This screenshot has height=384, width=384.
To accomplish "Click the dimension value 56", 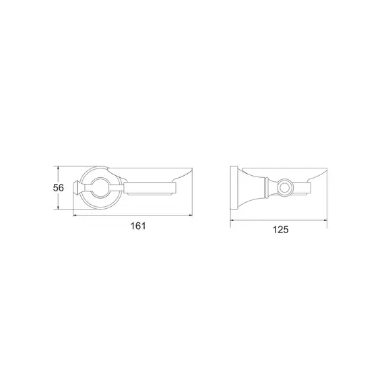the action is pyautogui.click(x=59, y=188).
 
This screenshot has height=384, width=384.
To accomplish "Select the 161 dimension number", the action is pyautogui.click(x=138, y=226).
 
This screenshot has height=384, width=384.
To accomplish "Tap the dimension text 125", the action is pyautogui.click(x=281, y=230).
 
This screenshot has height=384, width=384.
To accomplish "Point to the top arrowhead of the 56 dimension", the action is pyautogui.click(x=58, y=168).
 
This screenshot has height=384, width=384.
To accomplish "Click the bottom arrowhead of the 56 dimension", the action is pyautogui.click(x=58, y=207).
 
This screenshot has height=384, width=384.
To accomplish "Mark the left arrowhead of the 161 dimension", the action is pyautogui.click(x=75, y=216).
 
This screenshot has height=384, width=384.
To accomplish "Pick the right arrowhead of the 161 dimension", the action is pyautogui.click(x=190, y=216).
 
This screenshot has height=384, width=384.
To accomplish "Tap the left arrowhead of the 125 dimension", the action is pyautogui.click(x=232, y=220).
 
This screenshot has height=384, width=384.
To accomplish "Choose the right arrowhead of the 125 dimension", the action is pyautogui.click(x=325, y=220).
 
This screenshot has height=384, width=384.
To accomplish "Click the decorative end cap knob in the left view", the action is pyautogui.click(x=76, y=188).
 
